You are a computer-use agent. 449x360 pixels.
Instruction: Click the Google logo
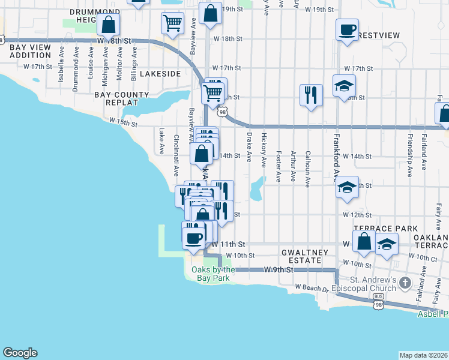[20, 353]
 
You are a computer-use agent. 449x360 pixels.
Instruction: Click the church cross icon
[406, 281]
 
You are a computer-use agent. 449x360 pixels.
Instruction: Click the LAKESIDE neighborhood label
[160, 73]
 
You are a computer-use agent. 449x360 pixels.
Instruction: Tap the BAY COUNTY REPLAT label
[121, 98]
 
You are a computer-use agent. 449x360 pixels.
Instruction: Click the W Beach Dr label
[313, 288]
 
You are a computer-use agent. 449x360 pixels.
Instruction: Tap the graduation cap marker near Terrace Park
[387, 245]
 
